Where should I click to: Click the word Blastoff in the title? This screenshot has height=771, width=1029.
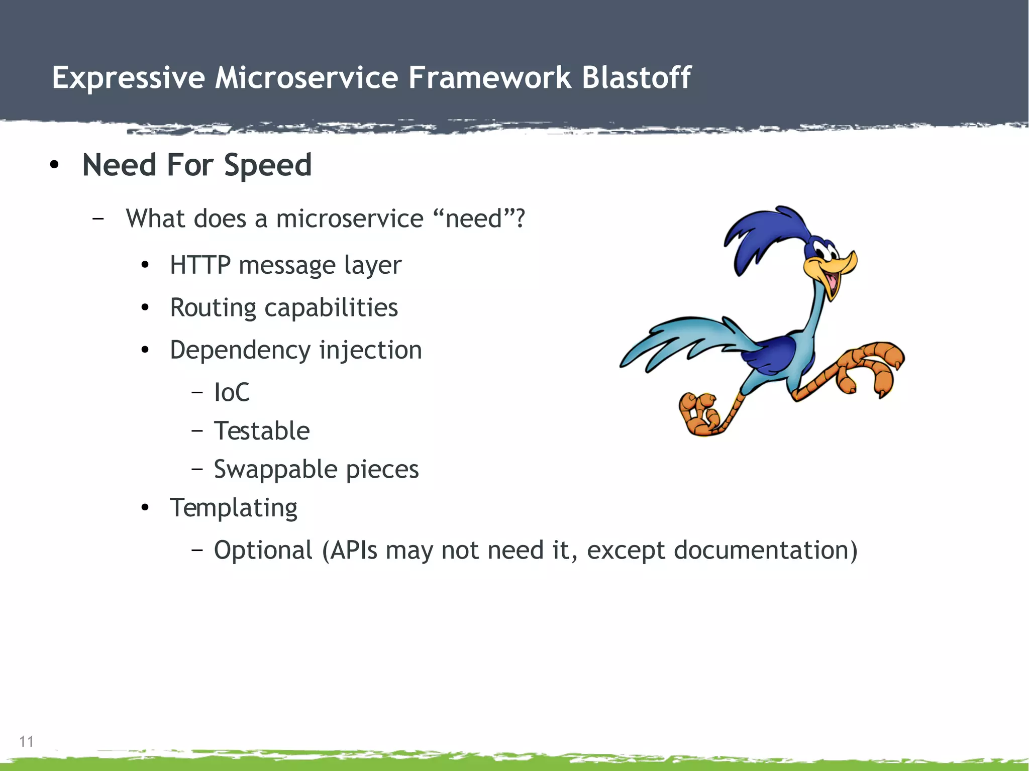click(636, 78)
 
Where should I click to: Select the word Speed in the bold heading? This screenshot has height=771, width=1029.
click(267, 166)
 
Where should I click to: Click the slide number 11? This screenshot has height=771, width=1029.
click(26, 741)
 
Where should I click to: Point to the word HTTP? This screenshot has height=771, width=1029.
click(199, 265)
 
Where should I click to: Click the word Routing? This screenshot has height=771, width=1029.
click(213, 308)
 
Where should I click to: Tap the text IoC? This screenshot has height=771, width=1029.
click(231, 392)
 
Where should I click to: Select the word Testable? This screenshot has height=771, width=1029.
click(261, 431)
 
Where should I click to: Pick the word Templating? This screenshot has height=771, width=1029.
click(233, 508)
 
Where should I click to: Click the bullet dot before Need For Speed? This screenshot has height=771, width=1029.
click(54, 165)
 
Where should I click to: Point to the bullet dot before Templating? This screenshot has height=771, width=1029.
click(145, 508)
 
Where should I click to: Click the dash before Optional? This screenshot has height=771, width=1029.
click(197, 550)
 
